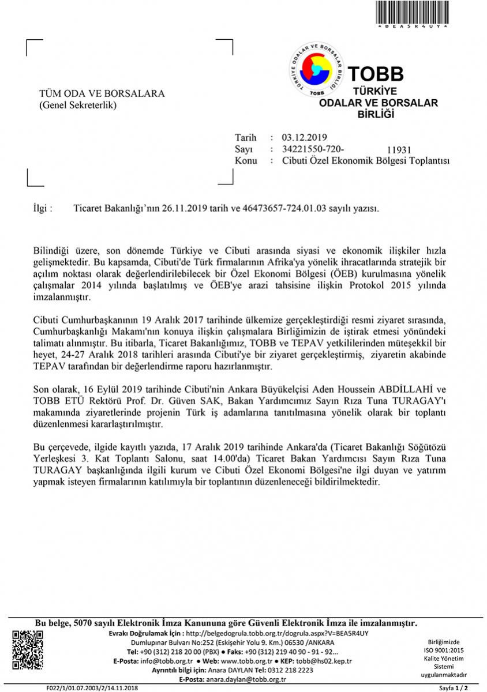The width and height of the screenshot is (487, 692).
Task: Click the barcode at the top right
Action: tap(411, 13)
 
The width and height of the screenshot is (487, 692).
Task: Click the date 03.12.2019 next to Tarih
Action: tap(304, 137)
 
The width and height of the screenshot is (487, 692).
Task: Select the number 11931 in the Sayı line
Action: tap(399, 151)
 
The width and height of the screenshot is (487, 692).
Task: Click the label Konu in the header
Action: tap(246, 161)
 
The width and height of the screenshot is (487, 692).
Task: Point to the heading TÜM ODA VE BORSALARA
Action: tap(102, 94)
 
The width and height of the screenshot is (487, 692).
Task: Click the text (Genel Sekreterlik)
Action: tap(78, 105)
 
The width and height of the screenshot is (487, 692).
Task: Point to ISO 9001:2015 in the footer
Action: tap(444, 650)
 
